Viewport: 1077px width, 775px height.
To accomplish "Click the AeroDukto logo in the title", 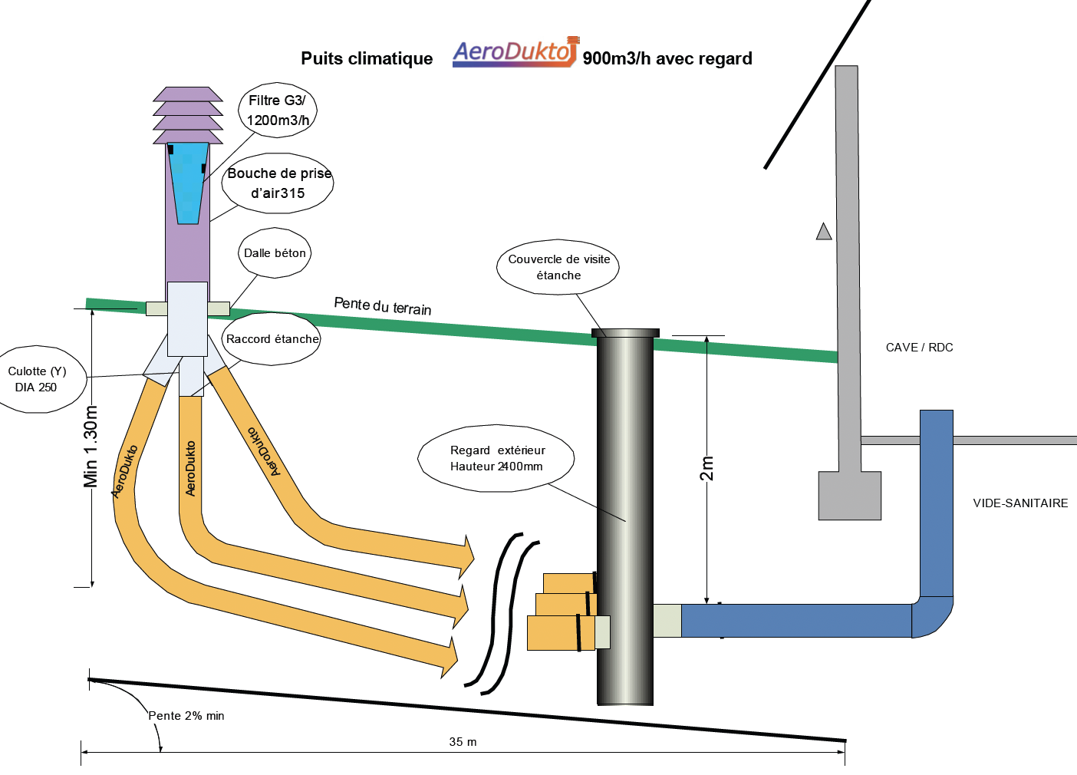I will pos(514,52).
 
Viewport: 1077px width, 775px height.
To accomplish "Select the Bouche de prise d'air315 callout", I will pos(278,183).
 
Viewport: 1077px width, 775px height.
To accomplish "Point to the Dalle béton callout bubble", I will pos(275,253).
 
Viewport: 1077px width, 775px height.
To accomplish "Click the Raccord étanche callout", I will pos(272,338).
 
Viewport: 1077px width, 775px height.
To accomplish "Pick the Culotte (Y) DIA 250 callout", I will pos(36,379).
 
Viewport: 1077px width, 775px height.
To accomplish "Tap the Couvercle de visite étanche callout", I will pos(558,267).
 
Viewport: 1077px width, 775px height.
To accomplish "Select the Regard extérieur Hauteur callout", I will pos(497,458).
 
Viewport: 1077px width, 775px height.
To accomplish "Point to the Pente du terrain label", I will pos(383,306).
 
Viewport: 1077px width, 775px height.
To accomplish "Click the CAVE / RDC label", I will pos(919,348).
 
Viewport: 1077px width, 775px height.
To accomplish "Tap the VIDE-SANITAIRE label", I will pos(1020,503).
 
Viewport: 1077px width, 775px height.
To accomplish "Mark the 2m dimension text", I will pos(706,468).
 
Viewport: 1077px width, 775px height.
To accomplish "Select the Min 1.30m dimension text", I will pos(91,447).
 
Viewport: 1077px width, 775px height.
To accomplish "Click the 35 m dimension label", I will pos(463,742).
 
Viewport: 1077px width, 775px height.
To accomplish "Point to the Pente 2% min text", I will pos(186,716).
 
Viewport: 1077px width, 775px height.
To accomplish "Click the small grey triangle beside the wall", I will pos(824,231).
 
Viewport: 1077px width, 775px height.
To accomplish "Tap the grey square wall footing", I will pos(849,496).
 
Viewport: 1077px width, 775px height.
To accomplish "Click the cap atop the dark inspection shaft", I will pos(625,333).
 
